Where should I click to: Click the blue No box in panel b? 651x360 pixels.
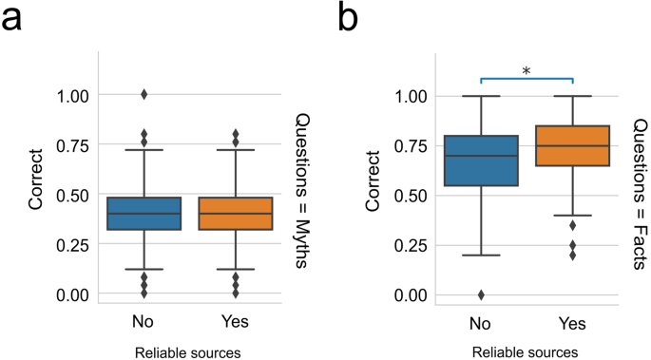[482, 161]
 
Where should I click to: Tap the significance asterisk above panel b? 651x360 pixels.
[527, 69]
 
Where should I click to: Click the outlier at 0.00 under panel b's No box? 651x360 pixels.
[482, 294]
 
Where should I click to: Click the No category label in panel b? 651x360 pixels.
[482, 321]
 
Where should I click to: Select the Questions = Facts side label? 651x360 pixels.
[640, 193]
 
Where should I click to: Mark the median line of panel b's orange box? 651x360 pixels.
[573, 146]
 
